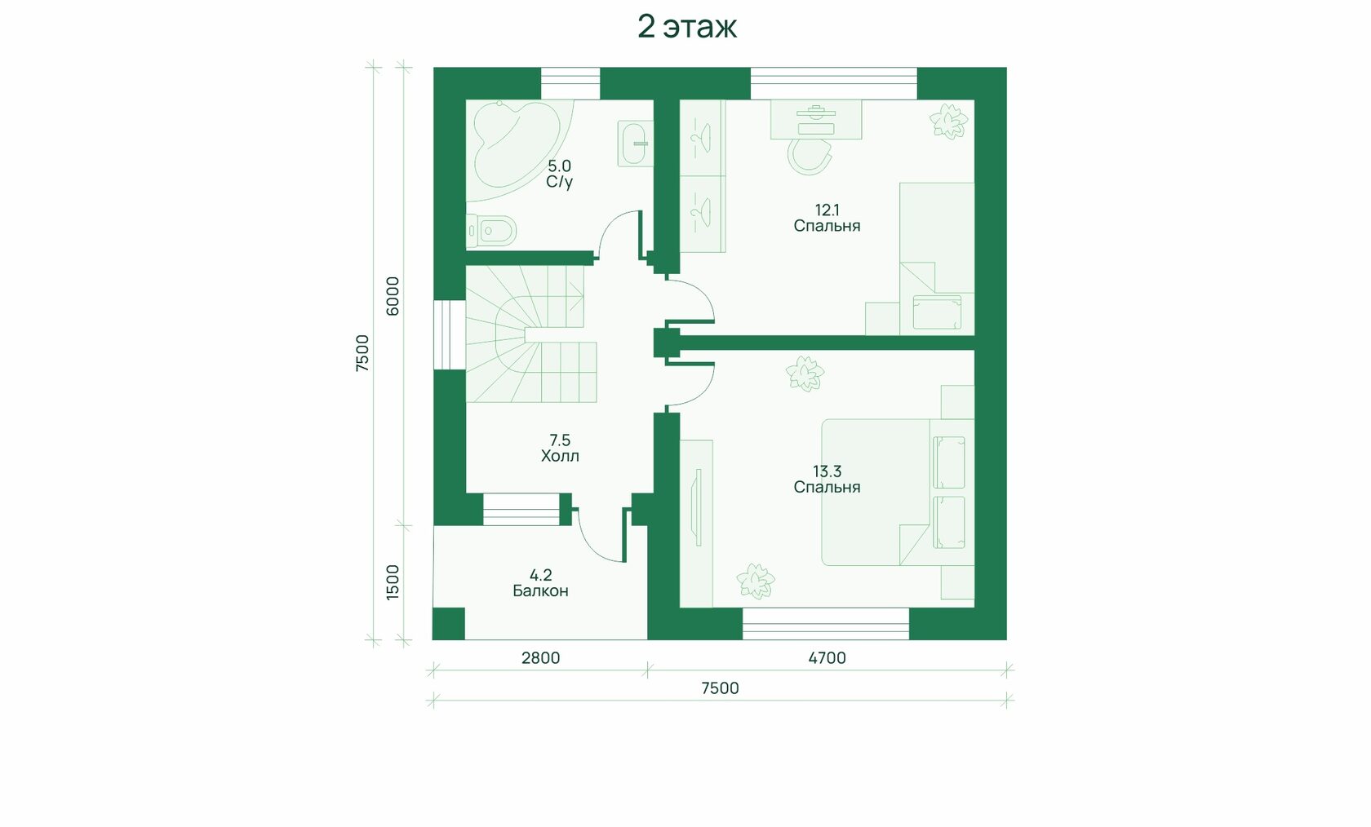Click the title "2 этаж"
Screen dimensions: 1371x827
click(x=687, y=27)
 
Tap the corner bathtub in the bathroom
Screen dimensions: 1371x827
click(x=517, y=144)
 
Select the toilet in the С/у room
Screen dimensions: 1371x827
click(x=491, y=232)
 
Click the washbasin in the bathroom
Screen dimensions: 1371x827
click(x=635, y=144)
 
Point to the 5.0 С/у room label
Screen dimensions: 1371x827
click(x=560, y=175)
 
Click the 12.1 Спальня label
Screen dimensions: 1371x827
click(x=827, y=219)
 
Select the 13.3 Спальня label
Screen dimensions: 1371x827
click(x=827, y=480)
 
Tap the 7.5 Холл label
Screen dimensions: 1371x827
click(x=560, y=449)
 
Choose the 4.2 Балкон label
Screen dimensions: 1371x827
click(x=540, y=583)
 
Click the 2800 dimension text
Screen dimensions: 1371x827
click(x=540, y=658)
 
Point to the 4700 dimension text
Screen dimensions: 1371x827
click(x=827, y=658)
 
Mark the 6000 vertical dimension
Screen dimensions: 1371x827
click(x=393, y=296)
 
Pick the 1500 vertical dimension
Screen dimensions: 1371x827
click(x=393, y=582)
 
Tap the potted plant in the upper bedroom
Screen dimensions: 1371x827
click(x=948, y=121)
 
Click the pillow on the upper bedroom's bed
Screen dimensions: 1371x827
click(x=937, y=312)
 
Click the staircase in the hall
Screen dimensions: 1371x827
click(x=530, y=334)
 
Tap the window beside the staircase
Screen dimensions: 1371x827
click(x=449, y=334)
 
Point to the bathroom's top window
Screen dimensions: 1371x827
click(x=570, y=83)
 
